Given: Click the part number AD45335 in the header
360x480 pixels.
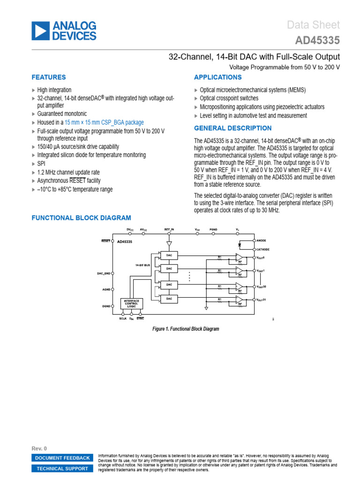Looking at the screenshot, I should coord(317,41).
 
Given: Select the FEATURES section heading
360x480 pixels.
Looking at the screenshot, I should coord(48,77).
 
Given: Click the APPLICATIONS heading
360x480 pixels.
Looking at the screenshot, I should coord(217,77).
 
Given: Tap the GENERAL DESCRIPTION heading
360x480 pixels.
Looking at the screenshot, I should coord(232,128).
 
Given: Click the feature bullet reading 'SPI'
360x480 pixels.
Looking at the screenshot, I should coord(42,164).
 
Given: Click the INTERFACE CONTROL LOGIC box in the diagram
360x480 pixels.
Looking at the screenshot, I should coord(132,303).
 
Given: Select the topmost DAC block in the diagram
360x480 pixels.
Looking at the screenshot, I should coord(169,255).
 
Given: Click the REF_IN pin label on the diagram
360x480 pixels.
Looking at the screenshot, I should coord(169,230).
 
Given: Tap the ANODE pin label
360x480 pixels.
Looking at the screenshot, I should coord(261,240).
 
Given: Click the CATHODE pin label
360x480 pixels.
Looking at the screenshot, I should coord(263,249).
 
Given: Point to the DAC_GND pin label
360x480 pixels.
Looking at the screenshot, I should coord(103,273).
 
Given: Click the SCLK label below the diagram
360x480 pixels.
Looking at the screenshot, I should coord(123,318).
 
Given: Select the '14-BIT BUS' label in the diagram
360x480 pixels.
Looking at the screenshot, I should coord(143,265).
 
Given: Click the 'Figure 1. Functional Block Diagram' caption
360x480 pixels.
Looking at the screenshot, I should coord(186,329).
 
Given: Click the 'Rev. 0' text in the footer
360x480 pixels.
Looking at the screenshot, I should coord(39,449).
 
